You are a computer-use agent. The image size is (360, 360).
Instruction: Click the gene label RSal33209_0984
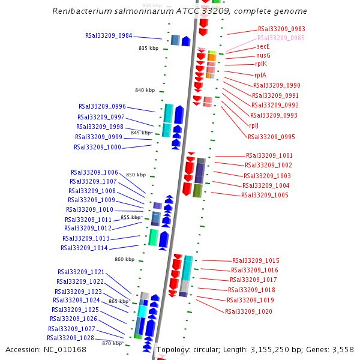pos(109,35)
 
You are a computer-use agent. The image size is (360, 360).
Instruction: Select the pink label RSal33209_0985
pos(281,37)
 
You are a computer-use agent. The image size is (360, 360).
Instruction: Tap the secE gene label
pos(263,46)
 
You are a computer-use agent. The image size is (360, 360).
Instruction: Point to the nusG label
pos(263,55)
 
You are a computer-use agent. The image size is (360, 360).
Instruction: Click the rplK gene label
pos(261,64)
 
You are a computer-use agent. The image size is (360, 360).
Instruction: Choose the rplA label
pos(260,76)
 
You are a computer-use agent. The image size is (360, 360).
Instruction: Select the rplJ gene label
pos(254,125)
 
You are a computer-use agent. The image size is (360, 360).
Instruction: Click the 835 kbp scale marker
pos(148,48)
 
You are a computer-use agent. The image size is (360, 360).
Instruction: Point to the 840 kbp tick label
pos(145,90)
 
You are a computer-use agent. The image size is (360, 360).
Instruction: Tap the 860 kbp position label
pos(125,259)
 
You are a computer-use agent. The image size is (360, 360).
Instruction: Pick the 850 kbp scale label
pos(136,175)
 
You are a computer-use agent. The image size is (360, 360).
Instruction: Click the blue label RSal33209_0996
pos(102,106)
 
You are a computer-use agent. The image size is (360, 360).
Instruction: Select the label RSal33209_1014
pos(84,248)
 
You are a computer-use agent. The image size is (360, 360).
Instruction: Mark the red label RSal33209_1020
pos(248,311)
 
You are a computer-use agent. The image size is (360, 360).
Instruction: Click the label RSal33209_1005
pos(265,195)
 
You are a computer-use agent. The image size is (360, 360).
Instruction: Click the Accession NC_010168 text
pos(46,349)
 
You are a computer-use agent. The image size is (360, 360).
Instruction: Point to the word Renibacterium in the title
pos(80,11)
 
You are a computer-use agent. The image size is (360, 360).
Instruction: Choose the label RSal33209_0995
pos(271,137)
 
